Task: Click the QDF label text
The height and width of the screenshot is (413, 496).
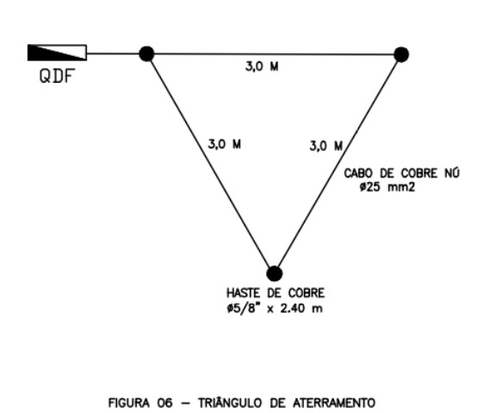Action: [x=57, y=76]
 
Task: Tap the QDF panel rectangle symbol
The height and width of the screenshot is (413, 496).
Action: [x=57, y=53]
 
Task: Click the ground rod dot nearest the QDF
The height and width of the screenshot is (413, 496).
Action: [x=146, y=53]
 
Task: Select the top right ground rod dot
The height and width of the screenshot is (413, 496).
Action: [x=401, y=54]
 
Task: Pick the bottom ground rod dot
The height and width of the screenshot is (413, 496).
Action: [x=274, y=273]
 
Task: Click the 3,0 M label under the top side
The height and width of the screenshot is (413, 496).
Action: [x=262, y=66]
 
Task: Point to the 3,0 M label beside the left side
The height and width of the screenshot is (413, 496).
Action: [x=224, y=145]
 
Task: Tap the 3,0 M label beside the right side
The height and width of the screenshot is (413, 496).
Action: [x=326, y=146]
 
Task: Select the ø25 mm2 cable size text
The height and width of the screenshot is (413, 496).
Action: [x=387, y=187]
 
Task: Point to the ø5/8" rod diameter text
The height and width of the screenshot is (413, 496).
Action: [x=242, y=308]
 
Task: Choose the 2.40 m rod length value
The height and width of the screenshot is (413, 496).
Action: [x=301, y=308]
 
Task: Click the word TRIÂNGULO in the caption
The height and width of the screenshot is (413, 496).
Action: [x=230, y=403]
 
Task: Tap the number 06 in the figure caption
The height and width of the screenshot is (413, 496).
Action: [x=164, y=404]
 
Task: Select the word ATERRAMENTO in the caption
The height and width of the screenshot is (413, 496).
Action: [x=334, y=404]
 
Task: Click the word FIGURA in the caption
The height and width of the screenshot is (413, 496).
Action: [x=129, y=404]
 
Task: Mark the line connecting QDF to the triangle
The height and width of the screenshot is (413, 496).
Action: [x=113, y=53]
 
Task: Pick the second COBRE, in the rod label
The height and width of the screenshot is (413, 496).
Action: [x=307, y=293]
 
